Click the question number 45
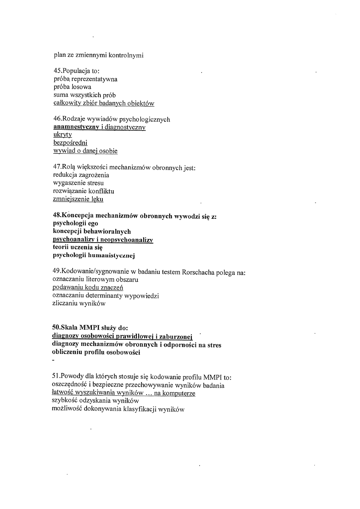tap(57, 71)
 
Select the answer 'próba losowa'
tap(72, 87)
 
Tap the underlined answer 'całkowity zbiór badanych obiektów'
tap(104, 103)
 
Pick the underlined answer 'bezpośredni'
tap(70, 143)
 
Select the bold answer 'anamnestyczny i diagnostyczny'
tap(99, 127)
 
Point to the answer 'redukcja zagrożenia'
tap(81, 175)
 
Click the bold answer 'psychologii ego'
tap(75, 223)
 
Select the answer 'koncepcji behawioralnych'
tap(92, 231)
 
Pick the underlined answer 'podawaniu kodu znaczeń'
tap(88, 287)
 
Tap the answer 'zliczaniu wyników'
tap(79, 303)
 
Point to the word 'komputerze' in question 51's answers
tap(180, 393)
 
